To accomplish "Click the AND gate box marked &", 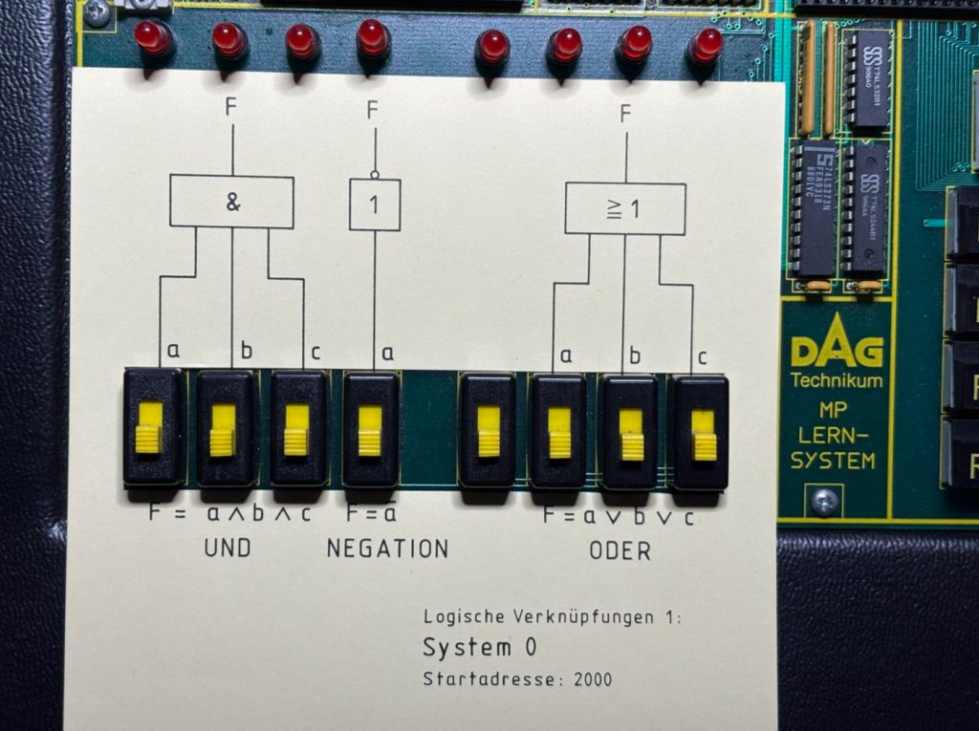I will [x=231, y=202].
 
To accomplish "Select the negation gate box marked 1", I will [x=375, y=204].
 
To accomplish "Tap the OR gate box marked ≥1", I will [x=625, y=208].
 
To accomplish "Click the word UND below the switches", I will [x=228, y=549].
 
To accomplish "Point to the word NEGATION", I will [x=387, y=549].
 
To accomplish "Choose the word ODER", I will [x=620, y=551].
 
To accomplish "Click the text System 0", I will [x=479, y=648].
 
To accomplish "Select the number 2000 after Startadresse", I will [x=593, y=680].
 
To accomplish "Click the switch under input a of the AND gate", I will [x=151, y=427].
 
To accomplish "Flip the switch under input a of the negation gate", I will [x=370, y=429].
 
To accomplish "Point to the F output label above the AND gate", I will [x=231, y=107].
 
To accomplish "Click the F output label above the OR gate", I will [x=625, y=115].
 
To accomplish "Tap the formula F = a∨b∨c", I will [x=619, y=516].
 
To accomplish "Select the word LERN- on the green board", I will [x=833, y=435].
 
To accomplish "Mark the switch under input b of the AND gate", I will [x=225, y=428].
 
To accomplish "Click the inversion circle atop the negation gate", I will [x=374, y=175].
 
